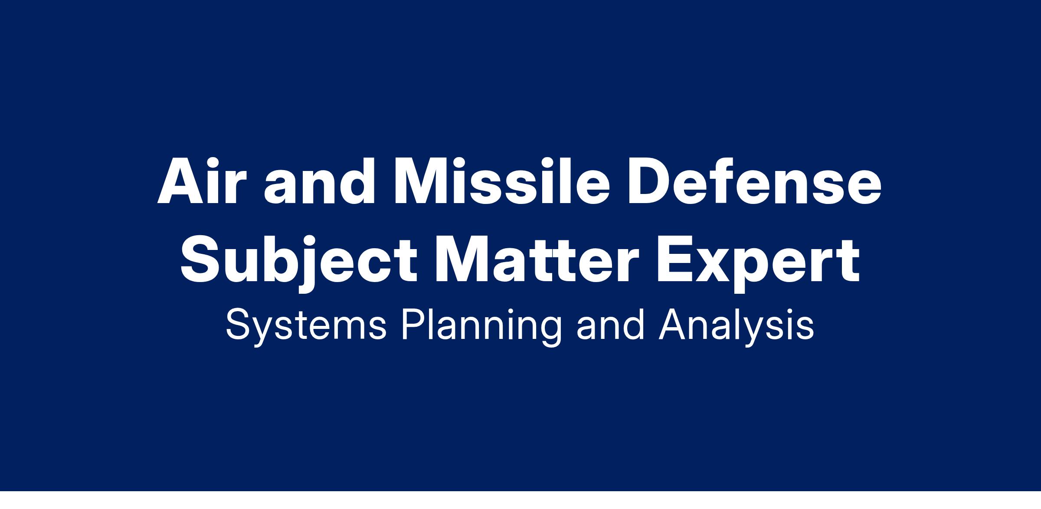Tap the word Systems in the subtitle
(306, 326)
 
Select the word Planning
(481, 326)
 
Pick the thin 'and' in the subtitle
(610, 325)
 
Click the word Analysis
(737, 326)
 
